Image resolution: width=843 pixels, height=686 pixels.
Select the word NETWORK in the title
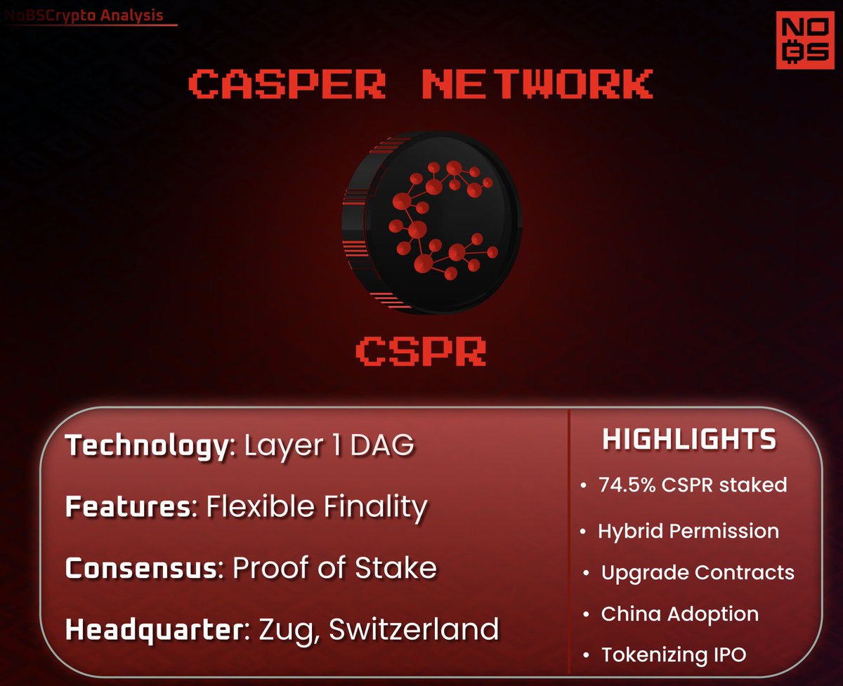537,84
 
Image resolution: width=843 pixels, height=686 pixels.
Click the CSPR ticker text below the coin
421,350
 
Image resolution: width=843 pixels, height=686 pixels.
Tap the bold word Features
129,507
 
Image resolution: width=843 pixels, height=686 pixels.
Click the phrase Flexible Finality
316,507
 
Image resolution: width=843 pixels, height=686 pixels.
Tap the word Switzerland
414,628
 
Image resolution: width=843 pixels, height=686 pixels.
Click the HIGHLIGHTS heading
689,440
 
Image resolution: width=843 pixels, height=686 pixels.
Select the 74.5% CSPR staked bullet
692,484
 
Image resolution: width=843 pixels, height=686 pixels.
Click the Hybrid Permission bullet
688,531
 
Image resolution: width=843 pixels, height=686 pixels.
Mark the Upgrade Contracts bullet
697,572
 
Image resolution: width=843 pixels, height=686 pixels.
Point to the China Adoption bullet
679,614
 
